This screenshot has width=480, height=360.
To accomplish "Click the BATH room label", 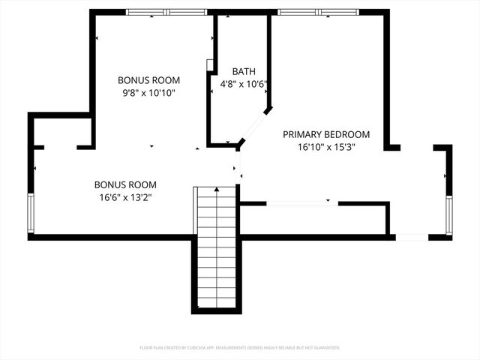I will pyautogui.click(x=243, y=71).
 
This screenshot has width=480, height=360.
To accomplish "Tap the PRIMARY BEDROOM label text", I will pyautogui.click(x=325, y=134).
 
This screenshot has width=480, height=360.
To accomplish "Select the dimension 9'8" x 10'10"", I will pyautogui.click(x=149, y=93).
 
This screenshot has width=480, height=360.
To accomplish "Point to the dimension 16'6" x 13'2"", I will pyautogui.click(x=125, y=197).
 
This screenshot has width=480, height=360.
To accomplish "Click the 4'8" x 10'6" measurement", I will pyautogui.click(x=244, y=85).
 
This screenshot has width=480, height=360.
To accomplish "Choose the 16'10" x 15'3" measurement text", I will pyautogui.click(x=325, y=148).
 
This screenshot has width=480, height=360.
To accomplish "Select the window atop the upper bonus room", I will pyautogui.click(x=166, y=12).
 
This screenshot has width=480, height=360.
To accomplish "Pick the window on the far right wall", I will pyautogui.click(x=448, y=215).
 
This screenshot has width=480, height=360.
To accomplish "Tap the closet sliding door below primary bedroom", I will pyautogui.click(x=301, y=203).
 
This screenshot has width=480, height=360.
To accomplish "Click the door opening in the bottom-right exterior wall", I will pyautogui.click(x=412, y=237).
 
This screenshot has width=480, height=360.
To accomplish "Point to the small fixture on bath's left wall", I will pyautogui.click(x=211, y=65).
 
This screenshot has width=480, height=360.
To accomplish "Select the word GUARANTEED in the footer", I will pyautogui.click(x=324, y=348).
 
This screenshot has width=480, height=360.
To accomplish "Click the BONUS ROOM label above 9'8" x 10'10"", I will pyautogui.click(x=149, y=79).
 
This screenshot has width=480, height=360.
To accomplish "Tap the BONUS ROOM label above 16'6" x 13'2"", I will pyautogui.click(x=125, y=184).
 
